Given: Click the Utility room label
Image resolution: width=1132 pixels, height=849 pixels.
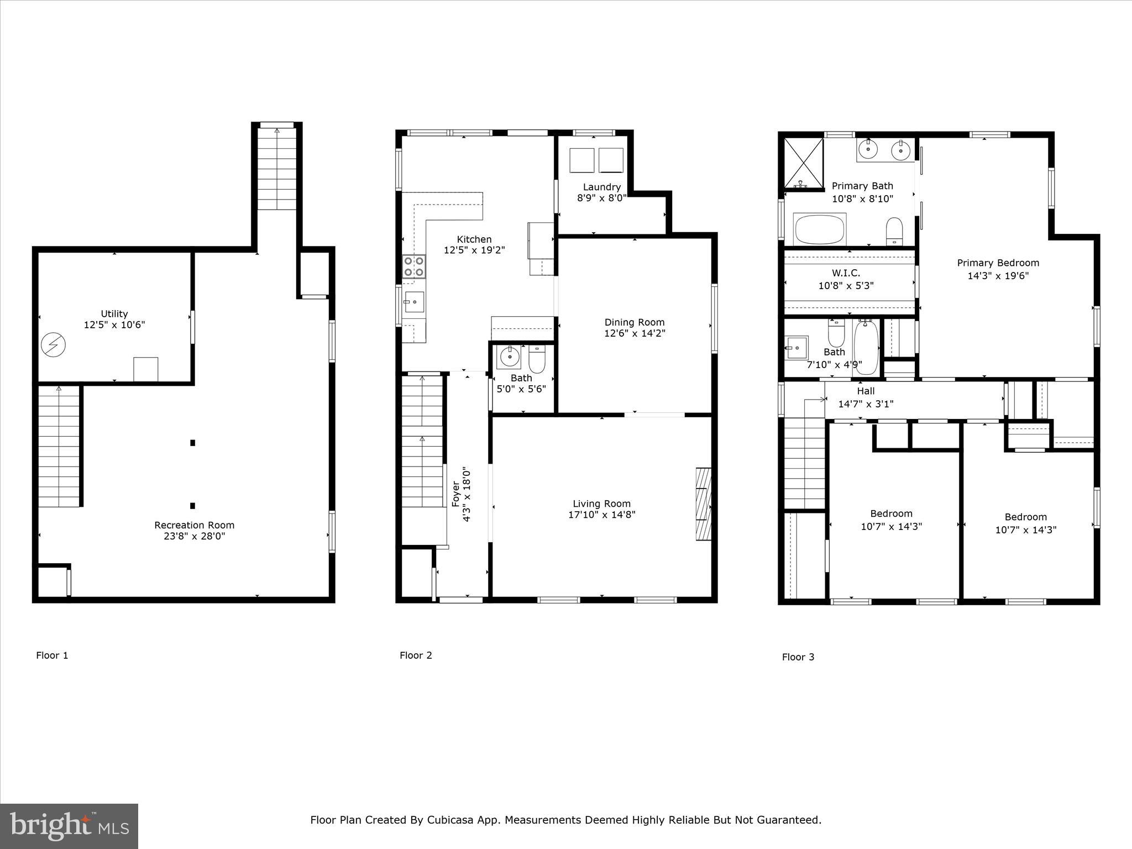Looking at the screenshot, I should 114,313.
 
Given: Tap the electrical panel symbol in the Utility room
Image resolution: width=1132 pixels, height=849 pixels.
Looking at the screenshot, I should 54,345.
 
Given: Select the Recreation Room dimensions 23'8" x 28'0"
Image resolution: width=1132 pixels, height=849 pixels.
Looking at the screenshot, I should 195,536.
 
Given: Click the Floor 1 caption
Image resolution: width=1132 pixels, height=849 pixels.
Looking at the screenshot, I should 52,656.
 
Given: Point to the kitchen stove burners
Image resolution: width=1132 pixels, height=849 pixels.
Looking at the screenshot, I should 414,266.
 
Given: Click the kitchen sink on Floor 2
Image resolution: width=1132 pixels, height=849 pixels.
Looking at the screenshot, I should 414,302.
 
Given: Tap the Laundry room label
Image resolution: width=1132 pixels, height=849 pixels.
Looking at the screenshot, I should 602,187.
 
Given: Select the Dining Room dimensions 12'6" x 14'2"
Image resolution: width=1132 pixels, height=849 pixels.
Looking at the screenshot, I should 635,333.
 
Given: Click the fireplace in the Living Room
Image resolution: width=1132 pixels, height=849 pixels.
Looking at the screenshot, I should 703,504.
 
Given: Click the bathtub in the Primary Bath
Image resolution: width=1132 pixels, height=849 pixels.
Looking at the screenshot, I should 820,230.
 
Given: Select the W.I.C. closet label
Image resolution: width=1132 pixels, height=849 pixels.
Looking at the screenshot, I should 846,273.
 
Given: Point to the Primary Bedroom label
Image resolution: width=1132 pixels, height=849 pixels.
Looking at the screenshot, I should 998,263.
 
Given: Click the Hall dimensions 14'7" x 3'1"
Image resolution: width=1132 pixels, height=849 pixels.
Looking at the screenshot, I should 866,404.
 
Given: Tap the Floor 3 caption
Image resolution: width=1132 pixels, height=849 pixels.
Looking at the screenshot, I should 798,657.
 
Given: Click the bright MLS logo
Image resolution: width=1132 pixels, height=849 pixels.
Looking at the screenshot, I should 69,826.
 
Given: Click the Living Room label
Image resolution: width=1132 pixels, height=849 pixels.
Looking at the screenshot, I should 601,504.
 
